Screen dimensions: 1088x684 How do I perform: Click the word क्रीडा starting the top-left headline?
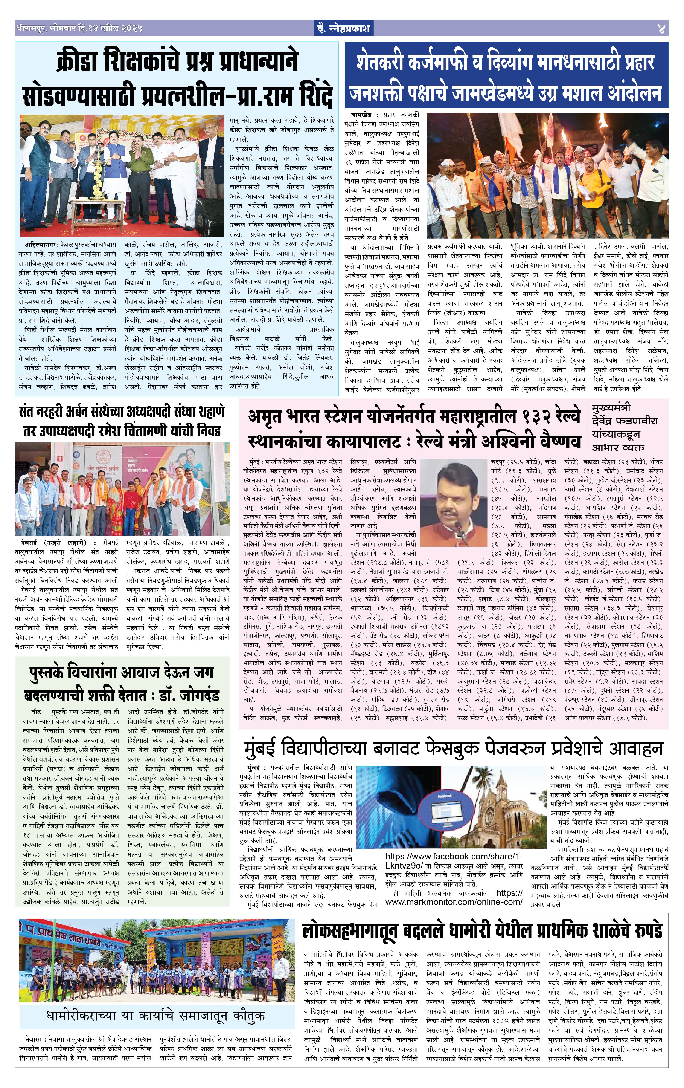tap(78, 63)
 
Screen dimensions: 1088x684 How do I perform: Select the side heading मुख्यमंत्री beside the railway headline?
tap(611, 408)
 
